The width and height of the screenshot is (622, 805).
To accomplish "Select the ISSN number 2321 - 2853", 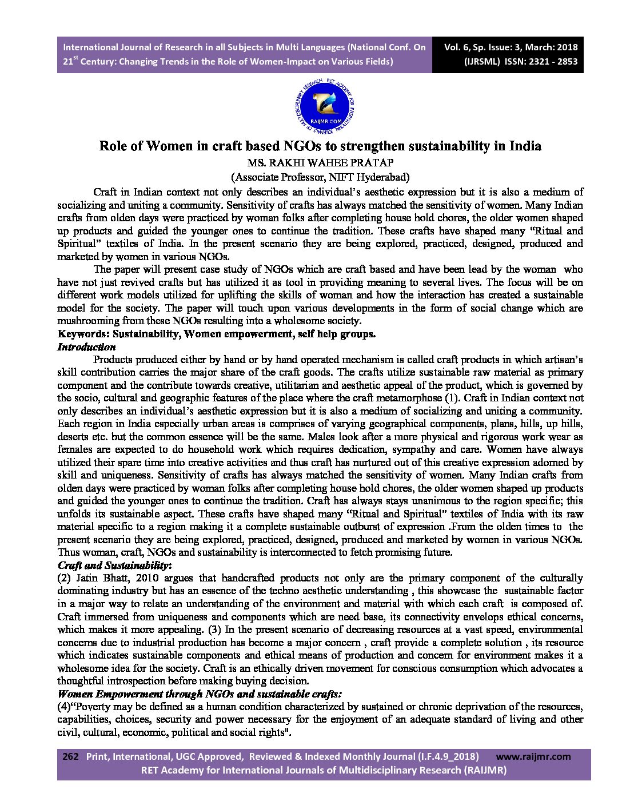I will (552, 62).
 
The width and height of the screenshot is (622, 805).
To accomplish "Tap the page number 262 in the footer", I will (70, 756).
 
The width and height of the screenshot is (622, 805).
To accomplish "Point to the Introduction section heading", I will (86, 347).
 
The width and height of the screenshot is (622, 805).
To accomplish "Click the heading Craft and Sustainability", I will (113, 565).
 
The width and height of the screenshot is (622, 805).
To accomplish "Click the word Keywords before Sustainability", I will (82, 334).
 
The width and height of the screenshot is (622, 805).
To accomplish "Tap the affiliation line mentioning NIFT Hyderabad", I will (320, 177).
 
